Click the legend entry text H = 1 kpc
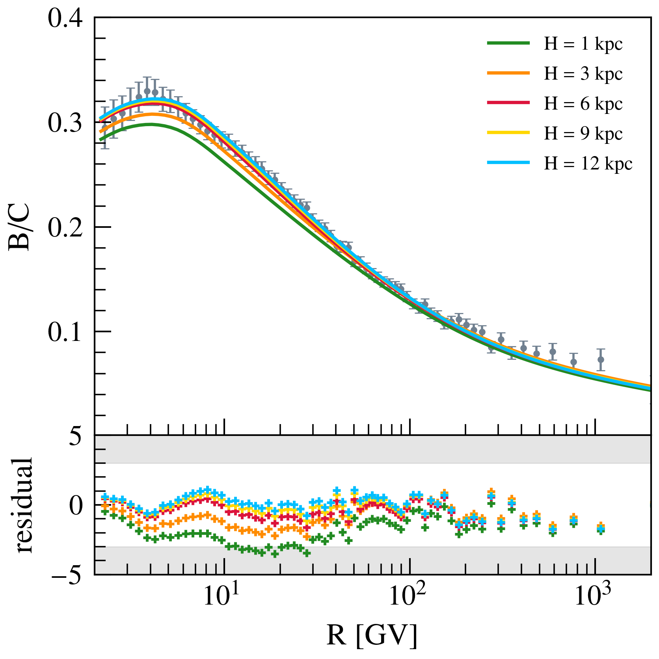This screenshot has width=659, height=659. [x=583, y=44]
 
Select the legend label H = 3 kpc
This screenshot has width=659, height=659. [x=583, y=74]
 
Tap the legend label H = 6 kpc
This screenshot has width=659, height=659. [x=583, y=104]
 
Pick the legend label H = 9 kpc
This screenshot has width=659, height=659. [x=583, y=134]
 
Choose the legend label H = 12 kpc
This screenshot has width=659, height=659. [x=588, y=164]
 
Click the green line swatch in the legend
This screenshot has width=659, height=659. [x=508, y=44]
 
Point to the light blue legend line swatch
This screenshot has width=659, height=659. [x=508, y=162]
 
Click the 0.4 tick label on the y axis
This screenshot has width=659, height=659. [x=65, y=19]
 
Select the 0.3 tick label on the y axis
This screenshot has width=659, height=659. [x=65, y=123]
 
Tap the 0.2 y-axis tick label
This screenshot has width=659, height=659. [x=65, y=227]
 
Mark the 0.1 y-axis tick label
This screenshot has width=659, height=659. [x=65, y=332]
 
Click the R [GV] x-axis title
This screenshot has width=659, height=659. [x=372, y=635]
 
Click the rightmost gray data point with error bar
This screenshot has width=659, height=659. [x=601, y=359]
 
